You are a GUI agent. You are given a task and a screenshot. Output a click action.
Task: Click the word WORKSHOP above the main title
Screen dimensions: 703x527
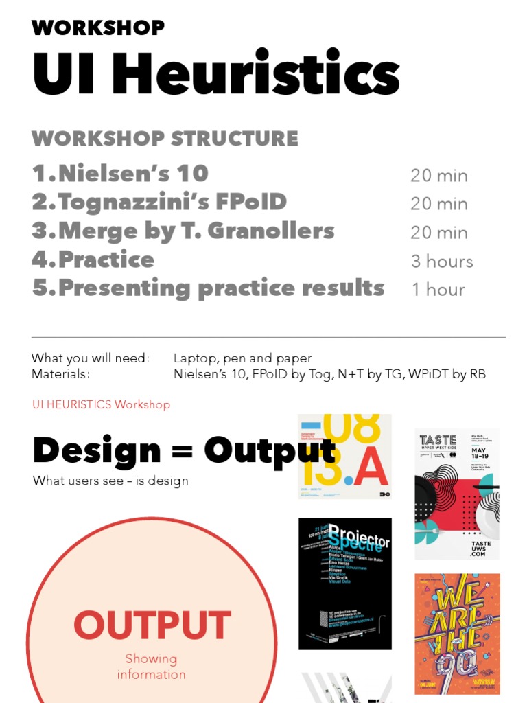coord(98,28)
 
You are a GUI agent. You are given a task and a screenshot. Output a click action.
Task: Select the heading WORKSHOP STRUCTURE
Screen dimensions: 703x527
coord(165,138)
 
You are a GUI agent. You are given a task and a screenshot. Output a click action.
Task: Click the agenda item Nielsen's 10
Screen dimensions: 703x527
coord(120,174)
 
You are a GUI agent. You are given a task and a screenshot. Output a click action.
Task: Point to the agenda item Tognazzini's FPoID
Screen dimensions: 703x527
coord(159,203)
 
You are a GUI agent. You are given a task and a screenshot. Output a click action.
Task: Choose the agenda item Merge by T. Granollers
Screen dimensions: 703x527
coord(183,231)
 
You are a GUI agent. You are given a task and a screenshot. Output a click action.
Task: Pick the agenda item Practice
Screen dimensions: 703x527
coord(93,260)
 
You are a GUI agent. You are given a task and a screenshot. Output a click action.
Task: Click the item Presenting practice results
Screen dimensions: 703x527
coord(208,288)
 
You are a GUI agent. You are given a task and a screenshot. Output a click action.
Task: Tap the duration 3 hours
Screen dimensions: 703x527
coord(442,262)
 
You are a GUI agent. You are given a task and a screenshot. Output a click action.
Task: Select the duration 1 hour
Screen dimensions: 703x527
coord(438,290)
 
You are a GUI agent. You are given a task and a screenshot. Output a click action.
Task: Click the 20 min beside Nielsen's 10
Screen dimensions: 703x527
coord(439,176)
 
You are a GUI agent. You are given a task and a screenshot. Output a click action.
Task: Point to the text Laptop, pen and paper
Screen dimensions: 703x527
coord(242,358)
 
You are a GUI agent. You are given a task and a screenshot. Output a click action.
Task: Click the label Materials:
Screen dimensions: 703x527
coord(60,374)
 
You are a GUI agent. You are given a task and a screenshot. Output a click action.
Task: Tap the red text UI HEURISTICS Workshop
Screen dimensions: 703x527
coord(101,404)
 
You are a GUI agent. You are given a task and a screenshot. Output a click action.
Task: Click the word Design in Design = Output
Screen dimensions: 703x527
coord(96,450)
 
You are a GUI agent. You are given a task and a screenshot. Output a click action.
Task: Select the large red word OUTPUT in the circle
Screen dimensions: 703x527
coord(152,625)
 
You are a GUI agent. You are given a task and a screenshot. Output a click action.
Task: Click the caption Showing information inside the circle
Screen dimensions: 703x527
coord(151,667)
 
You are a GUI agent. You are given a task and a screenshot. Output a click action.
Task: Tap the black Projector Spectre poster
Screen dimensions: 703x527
coord(344,584)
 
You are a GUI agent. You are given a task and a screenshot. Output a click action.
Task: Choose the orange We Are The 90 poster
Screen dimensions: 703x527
coord(457,633)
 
